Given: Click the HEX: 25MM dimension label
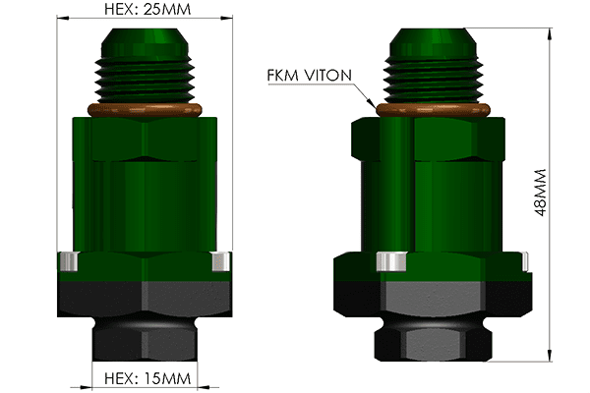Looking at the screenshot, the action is tap(147, 9).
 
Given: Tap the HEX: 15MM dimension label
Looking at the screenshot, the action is tap(147, 378).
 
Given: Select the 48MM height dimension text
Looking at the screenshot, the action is tap(540, 193).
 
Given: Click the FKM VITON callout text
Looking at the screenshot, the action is tap(310, 76).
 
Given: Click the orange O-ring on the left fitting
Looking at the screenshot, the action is tap(145, 110).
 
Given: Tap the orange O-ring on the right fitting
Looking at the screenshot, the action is tap(433, 110).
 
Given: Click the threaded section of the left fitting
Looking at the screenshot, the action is tap(145, 80).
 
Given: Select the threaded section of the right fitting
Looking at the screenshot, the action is tap(433, 80).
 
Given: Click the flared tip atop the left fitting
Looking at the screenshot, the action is tap(145, 42).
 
